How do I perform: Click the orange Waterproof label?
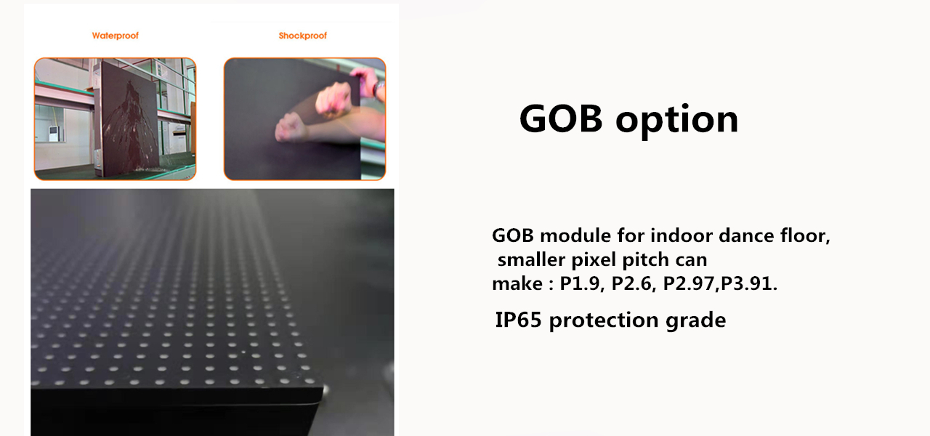(115, 35)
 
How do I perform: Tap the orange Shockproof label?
(302, 36)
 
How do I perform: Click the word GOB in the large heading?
(561, 118)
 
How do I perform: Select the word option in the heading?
(677, 121)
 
